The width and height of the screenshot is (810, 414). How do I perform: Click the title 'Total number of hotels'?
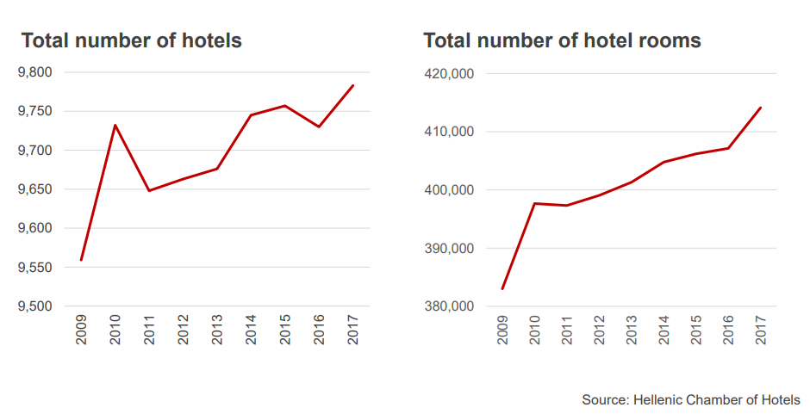[131, 40]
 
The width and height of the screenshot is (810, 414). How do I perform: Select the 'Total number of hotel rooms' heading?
[563, 40]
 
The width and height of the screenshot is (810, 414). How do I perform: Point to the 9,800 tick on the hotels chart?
[35, 72]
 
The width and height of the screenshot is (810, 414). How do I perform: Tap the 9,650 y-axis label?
[35, 189]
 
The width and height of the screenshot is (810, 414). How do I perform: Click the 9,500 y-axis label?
[35, 306]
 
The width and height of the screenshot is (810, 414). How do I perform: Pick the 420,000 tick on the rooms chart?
[449, 74]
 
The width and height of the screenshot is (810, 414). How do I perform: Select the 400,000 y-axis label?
[449, 190]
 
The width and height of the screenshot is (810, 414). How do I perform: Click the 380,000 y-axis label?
[449, 306]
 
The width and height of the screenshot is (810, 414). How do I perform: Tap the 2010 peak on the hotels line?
[115, 125]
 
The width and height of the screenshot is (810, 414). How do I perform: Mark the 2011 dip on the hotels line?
[149, 191]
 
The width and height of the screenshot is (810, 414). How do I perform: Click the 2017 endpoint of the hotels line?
[352, 85]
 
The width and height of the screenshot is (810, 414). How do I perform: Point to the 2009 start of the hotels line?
[81, 260]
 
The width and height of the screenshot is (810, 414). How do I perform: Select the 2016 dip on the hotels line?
[319, 127]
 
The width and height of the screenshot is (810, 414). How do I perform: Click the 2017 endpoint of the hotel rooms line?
[760, 108]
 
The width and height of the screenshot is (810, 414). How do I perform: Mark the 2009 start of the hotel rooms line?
[502, 289]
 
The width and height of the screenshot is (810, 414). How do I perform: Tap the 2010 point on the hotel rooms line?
[534, 203]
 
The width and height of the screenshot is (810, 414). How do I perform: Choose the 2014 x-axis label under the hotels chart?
[251, 330]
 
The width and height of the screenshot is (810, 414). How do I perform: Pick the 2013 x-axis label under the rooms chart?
[632, 330]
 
